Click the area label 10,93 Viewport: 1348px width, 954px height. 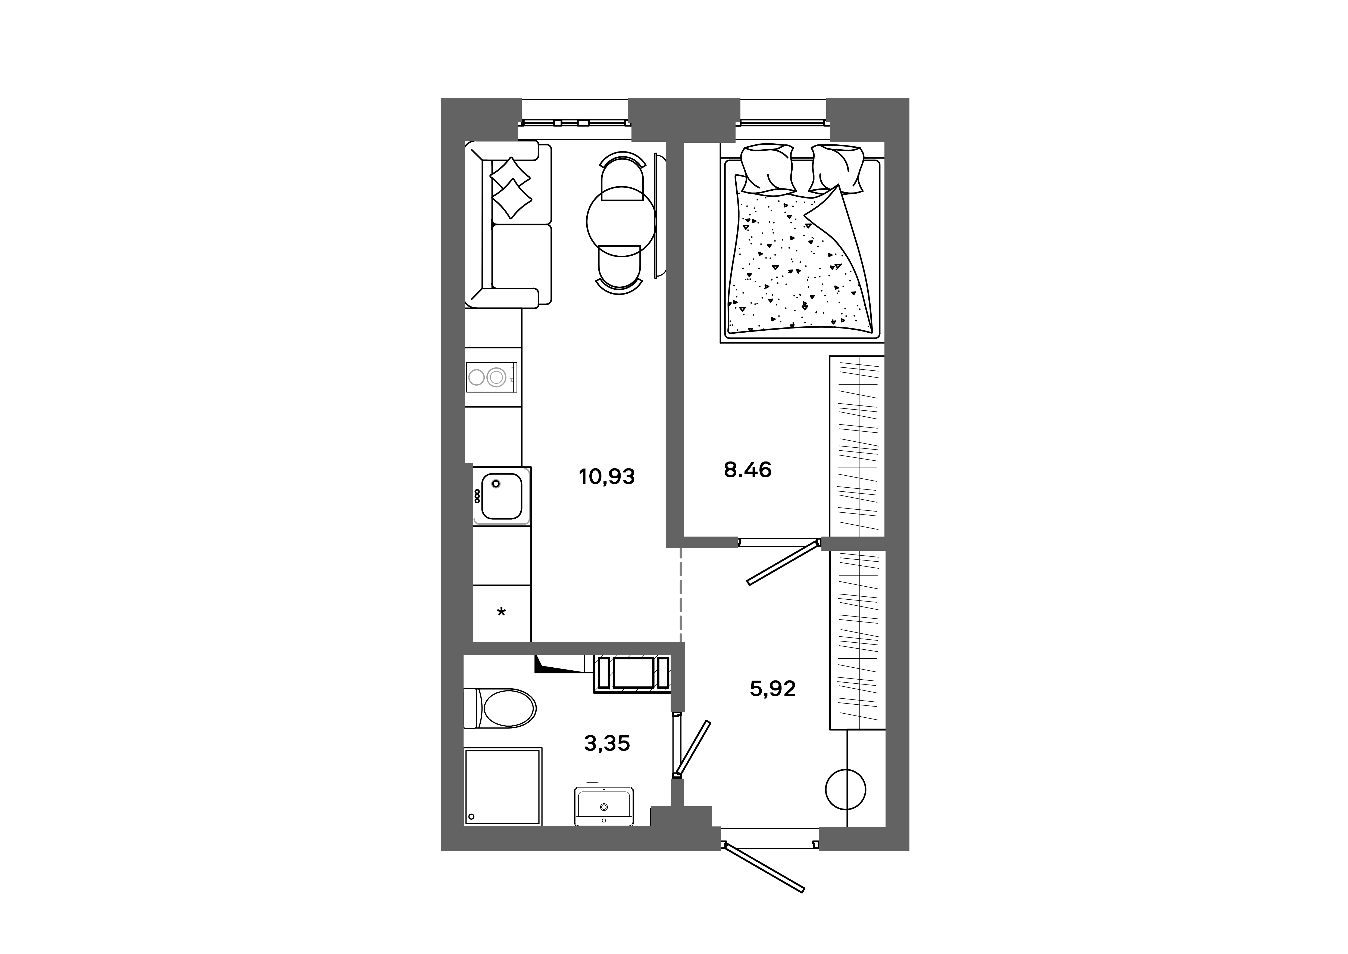pyautogui.click(x=606, y=476)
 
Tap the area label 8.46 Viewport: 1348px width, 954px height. pyautogui.click(x=748, y=470)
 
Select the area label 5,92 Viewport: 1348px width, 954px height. pyautogui.click(x=773, y=689)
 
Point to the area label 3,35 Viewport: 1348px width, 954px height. pyautogui.click(x=607, y=744)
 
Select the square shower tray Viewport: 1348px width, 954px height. pyautogui.click(x=503, y=786)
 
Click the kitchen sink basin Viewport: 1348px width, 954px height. pyautogui.click(x=501, y=496)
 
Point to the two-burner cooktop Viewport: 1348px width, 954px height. pyautogui.click(x=492, y=377)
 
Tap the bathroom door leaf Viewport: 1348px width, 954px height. pyautogui.click(x=693, y=748)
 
